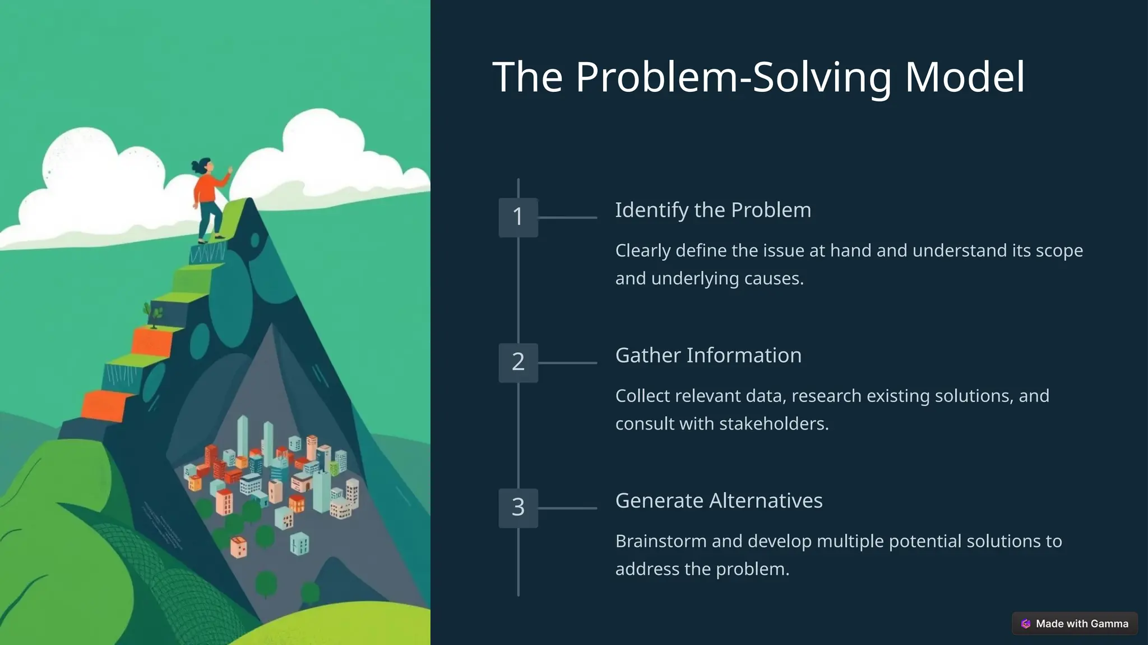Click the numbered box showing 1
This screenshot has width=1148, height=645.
point(518,217)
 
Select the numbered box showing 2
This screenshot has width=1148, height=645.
point(518,362)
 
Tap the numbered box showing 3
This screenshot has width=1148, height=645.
point(518,508)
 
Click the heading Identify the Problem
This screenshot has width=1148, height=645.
point(712,210)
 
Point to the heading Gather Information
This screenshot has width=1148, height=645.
point(708,356)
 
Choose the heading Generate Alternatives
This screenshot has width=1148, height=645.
point(719,501)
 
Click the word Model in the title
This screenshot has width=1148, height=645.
point(965,77)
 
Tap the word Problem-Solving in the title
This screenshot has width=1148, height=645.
point(733,78)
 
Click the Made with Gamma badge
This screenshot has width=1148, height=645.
point(1075,623)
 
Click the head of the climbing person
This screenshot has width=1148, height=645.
point(205,166)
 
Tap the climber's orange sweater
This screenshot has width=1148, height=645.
point(206,189)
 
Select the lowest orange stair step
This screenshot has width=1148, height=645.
point(104,405)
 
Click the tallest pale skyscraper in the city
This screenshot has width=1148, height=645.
point(243,437)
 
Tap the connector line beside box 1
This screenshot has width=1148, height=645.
point(567,217)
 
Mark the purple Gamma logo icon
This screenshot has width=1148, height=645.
point(1026,623)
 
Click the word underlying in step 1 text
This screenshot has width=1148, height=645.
point(695,278)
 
